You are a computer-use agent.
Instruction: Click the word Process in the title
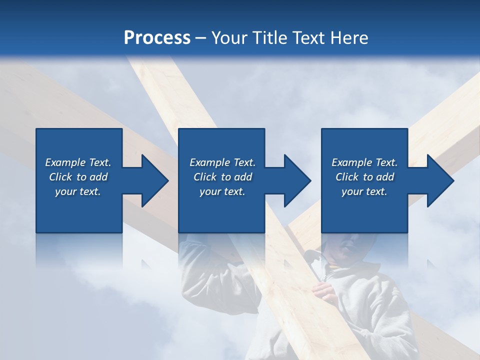click(x=157, y=38)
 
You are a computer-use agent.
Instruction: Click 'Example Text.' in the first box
click(x=78, y=162)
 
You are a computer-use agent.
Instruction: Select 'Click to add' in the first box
click(x=78, y=177)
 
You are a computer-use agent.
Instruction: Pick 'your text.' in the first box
click(x=78, y=191)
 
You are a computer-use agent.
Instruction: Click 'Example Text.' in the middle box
click(x=222, y=162)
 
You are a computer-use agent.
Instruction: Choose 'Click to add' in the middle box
click(x=222, y=177)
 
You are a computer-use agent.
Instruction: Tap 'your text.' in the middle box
click(x=222, y=191)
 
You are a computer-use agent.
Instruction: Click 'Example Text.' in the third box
click(x=364, y=162)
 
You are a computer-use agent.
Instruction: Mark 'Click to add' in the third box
click(x=364, y=177)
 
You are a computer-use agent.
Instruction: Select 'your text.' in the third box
click(x=364, y=191)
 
